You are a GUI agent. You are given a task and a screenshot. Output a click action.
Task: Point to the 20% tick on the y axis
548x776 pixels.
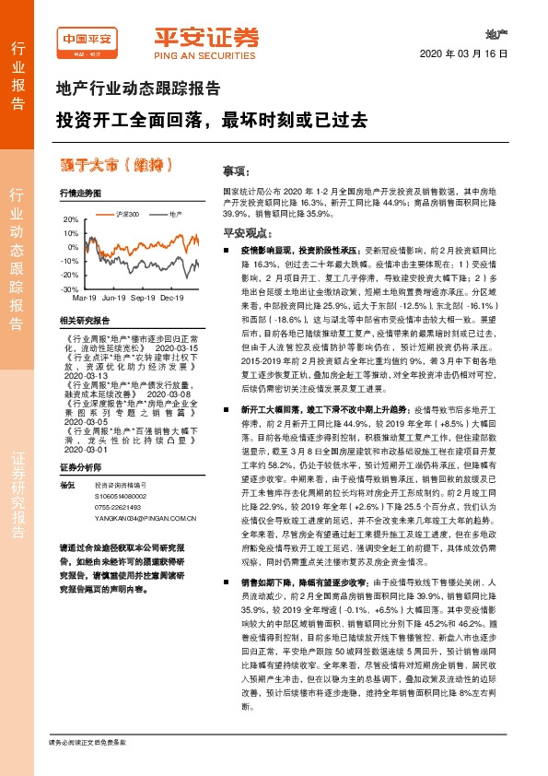tap(71, 220)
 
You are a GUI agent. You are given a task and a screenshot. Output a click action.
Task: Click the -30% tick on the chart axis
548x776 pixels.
tap(70, 289)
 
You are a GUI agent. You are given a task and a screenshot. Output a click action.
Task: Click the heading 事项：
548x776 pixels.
tap(236, 172)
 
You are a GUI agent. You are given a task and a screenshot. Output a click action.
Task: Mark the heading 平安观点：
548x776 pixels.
tap(242, 234)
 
